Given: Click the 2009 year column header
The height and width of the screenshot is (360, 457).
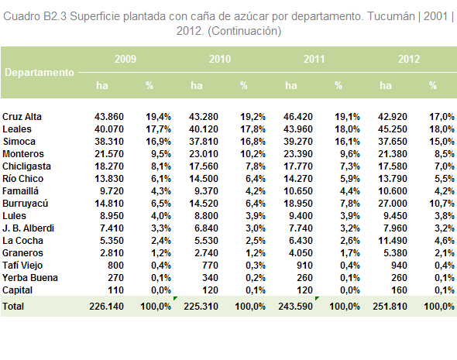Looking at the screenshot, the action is tap(125, 59).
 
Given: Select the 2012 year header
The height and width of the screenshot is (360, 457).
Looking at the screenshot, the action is tap(409, 59).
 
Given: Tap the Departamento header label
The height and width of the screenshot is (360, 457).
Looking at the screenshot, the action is tap(40, 73).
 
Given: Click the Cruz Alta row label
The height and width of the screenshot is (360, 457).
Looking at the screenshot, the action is tap(22, 117).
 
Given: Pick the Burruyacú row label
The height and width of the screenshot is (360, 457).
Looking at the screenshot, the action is tap(25, 204).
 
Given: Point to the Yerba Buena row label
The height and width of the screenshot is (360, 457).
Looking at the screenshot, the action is tap(30, 278).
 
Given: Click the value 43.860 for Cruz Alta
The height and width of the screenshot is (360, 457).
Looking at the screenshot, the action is tap(109, 117).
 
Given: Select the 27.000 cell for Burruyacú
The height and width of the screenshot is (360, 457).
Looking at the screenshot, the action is tap(393, 204).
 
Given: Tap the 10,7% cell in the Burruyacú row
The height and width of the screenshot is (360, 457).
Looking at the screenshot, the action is tap(442, 204).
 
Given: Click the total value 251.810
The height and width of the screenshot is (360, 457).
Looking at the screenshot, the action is tap(390, 307).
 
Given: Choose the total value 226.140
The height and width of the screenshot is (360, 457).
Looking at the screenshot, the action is tap(107, 307).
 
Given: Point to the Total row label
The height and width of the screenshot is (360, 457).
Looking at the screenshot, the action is tap(13, 307).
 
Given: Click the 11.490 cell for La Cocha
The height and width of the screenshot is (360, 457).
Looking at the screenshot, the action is tap(393, 241).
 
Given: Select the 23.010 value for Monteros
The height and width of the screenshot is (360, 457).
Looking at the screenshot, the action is tap(204, 154).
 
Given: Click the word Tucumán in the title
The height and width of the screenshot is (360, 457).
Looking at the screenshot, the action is tap(391, 16).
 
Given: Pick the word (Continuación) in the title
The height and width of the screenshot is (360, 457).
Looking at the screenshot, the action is tap(244, 31).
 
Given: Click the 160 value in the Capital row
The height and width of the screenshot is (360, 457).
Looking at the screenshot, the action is tap(398, 290).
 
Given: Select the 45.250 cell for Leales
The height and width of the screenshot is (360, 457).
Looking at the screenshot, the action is tap(393, 129).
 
